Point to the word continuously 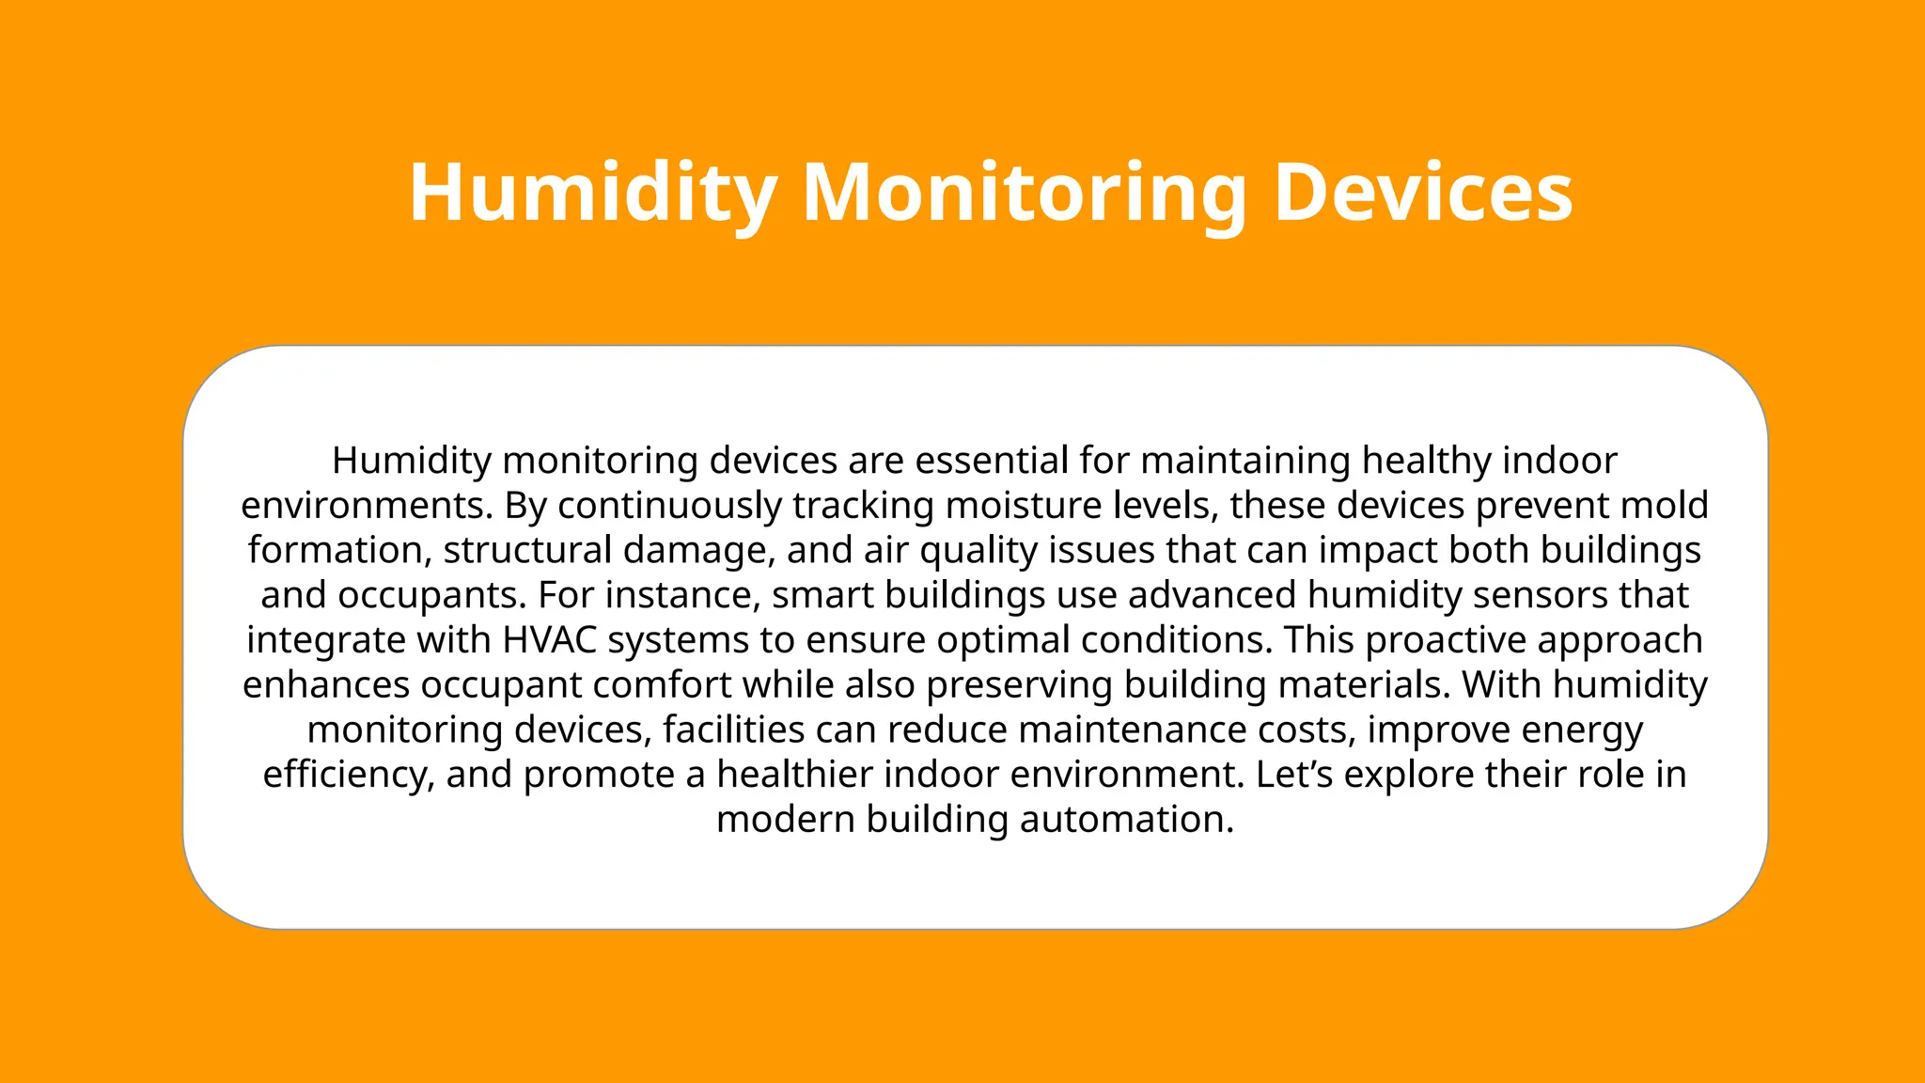point(670,506)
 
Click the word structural point(527,550)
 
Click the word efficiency point(348,775)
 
